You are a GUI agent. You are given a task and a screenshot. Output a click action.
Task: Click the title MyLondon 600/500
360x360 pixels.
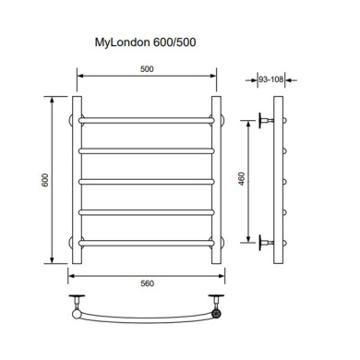click(x=145, y=42)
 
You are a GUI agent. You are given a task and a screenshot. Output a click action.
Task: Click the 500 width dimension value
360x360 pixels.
click(x=147, y=69)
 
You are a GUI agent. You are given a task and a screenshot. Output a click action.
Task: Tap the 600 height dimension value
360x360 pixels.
click(x=45, y=180)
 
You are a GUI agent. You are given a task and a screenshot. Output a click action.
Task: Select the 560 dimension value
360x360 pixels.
click(x=147, y=283)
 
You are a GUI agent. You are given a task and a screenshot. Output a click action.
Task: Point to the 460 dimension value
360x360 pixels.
click(x=242, y=178)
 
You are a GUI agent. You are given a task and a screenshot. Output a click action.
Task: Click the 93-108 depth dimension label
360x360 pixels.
click(x=270, y=79)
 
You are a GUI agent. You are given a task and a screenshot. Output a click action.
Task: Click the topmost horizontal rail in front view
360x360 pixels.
click(x=147, y=120)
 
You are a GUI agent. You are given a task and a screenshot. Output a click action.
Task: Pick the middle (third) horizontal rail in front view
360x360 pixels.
click(x=147, y=182)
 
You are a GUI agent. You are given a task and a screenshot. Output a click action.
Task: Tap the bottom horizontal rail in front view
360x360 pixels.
click(x=147, y=244)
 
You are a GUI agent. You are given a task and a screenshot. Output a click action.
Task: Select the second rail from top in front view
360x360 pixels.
click(x=147, y=151)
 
